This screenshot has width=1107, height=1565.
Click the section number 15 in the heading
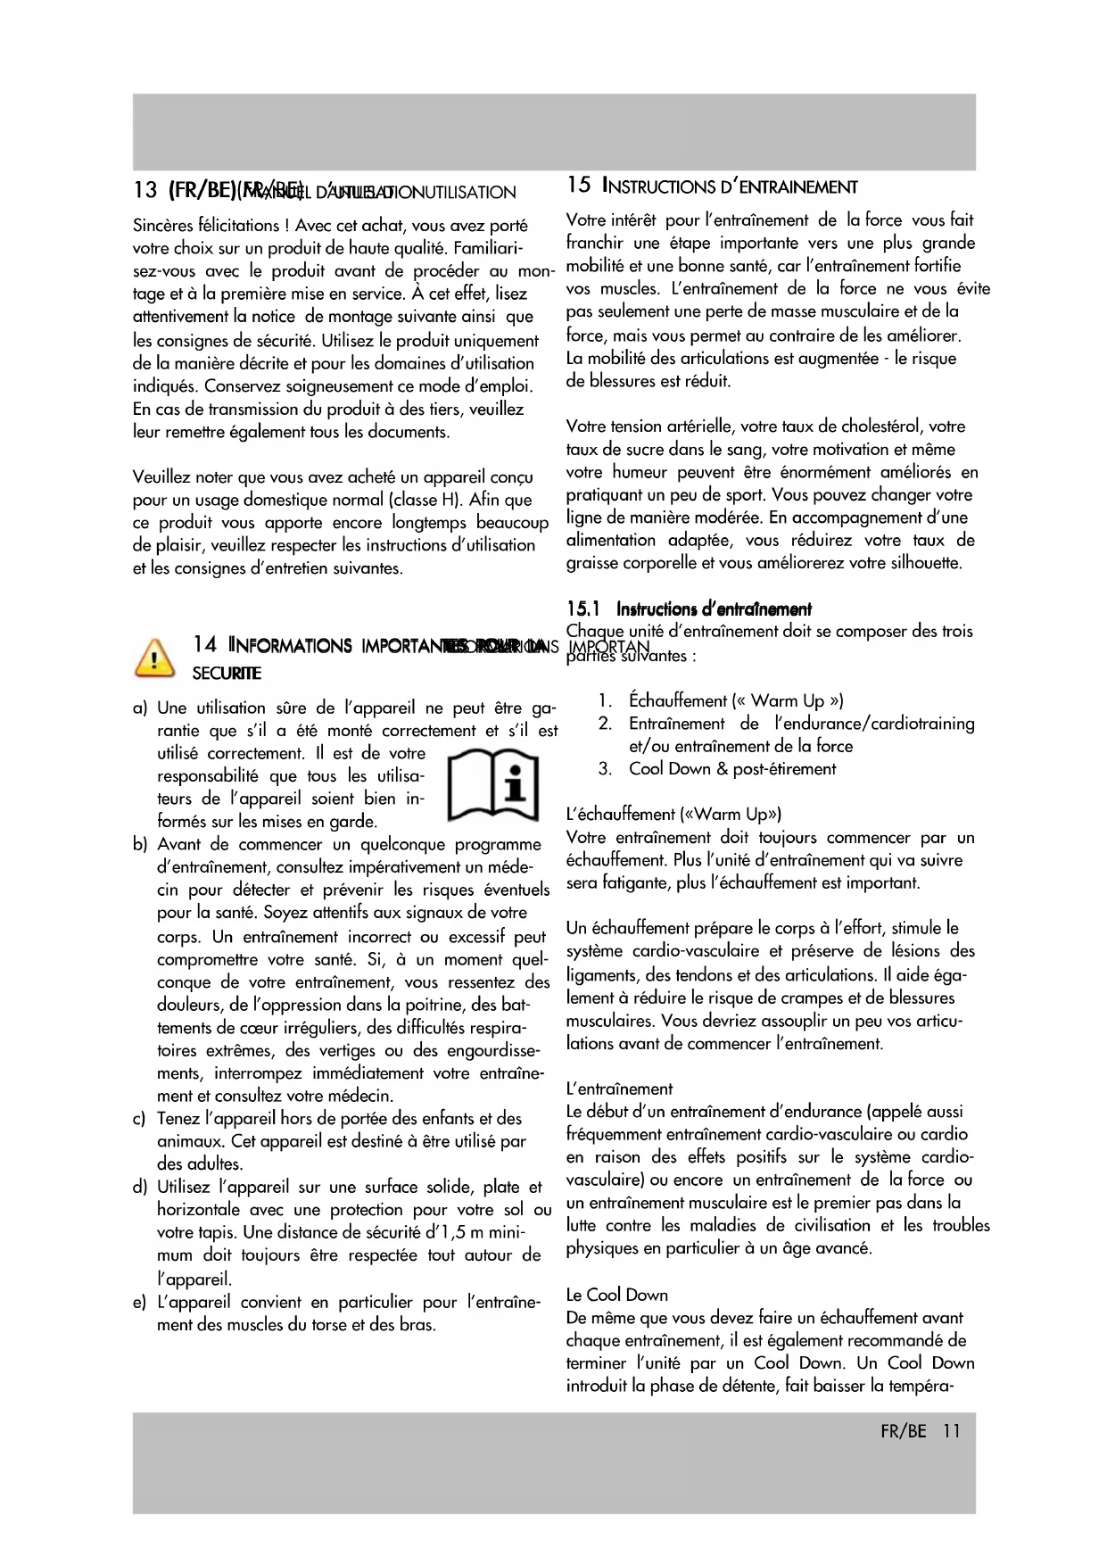tap(578, 186)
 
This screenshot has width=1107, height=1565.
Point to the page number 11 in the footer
tap(951, 1431)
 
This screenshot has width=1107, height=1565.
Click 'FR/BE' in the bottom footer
tap(903, 1431)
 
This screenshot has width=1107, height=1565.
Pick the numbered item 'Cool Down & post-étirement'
tap(732, 769)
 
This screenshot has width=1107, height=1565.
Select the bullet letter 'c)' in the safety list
tap(140, 1119)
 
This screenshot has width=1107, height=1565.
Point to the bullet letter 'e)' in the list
tap(140, 1304)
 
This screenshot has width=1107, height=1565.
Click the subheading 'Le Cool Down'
tap(617, 1295)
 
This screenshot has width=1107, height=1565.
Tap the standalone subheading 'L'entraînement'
tap(620, 1089)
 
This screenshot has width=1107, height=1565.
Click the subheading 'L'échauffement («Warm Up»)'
tap(674, 815)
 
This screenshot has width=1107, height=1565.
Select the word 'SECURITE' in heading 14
tap(227, 672)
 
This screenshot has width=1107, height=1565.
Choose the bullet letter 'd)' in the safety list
tap(140, 1188)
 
